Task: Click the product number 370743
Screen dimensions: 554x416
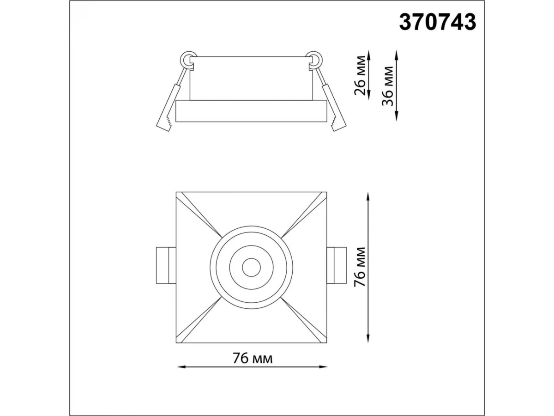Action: coord(437,22)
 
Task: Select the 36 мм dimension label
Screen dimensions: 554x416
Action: coord(388,86)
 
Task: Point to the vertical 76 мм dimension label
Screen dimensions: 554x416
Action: coord(360,267)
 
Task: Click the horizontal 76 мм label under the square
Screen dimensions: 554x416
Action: coord(253,358)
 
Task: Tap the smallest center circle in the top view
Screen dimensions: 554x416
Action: coord(252,267)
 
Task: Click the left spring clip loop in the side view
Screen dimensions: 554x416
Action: coord(188,60)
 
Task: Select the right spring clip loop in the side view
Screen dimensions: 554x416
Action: coord(314,60)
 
